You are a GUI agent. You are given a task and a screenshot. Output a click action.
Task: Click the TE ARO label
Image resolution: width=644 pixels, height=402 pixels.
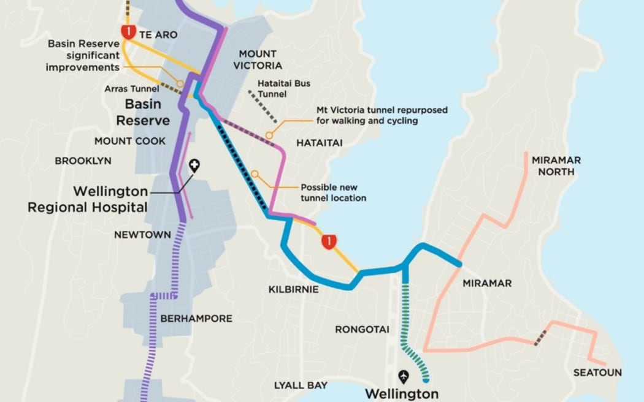[x=158, y=35]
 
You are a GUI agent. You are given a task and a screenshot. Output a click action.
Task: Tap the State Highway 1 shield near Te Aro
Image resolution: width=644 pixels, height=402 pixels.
[x=128, y=31]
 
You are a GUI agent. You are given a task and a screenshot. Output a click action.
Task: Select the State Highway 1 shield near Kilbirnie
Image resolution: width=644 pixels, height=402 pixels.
[x=329, y=241]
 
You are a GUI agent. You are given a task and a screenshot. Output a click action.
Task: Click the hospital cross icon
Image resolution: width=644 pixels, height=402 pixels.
[x=194, y=165]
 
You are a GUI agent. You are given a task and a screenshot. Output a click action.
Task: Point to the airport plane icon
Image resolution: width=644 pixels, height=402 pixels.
[x=403, y=376]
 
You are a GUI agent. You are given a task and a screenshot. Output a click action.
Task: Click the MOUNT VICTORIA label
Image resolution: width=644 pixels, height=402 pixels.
[x=258, y=59]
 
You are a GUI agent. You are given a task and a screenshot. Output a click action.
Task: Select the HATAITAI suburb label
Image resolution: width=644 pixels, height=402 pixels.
[x=319, y=143]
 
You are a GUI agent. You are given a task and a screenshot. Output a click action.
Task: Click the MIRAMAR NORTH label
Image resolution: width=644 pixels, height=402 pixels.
[x=556, y=166]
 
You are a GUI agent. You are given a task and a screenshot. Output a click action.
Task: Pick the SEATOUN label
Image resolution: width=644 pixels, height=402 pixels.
[x=597, y=373]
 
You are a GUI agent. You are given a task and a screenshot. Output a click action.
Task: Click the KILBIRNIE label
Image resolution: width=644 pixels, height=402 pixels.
[x=293, y=289]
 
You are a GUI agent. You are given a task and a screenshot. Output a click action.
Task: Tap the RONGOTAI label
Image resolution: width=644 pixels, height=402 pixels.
[x=362, y=330]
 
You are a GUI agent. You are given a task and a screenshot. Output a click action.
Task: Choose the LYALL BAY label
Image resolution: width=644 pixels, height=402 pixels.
[x=301, y=385]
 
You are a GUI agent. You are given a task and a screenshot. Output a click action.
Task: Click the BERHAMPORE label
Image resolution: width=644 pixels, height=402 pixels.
[x=196, y=319]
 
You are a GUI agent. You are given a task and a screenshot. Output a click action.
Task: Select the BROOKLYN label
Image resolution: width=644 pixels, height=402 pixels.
[x=83, y=161]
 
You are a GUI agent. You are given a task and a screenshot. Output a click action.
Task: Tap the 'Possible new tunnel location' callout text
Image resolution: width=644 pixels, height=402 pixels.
[x=333, y=192]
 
